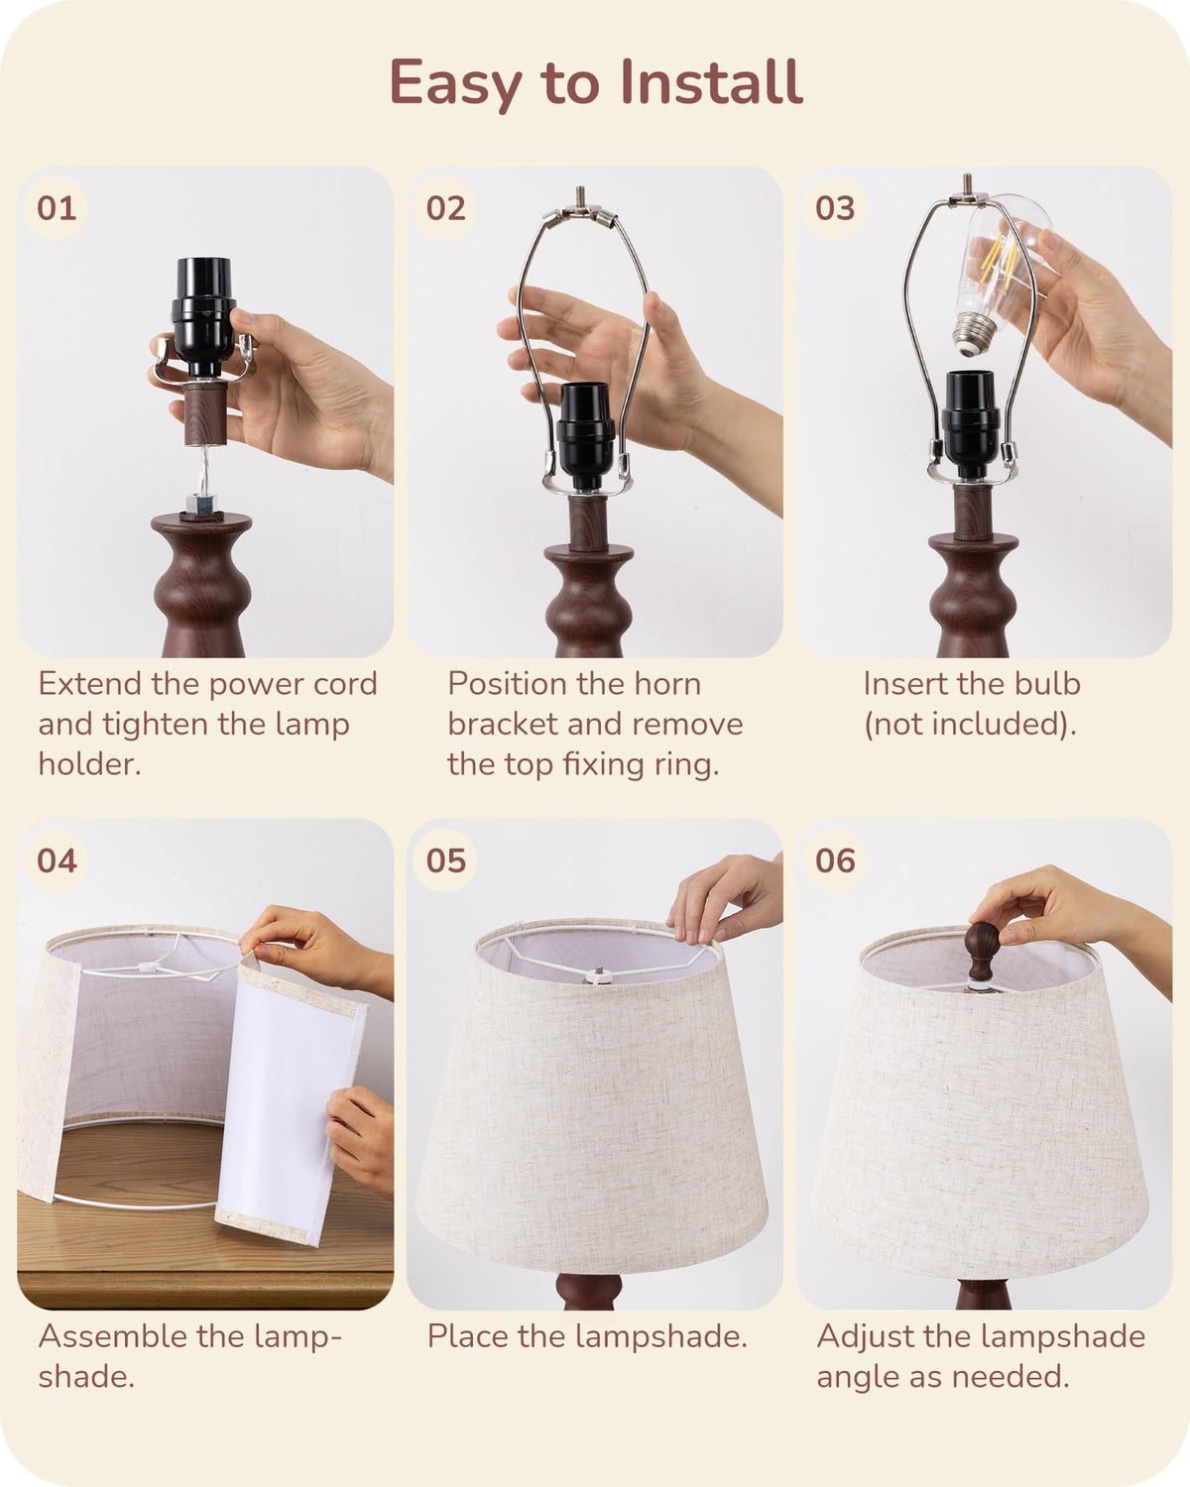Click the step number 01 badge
[x=56, y=208]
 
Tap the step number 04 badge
[x=56, y=860]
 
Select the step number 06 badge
[x=835, y=860]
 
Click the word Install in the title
[x=711, y=83]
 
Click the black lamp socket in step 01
[x=203, y=317]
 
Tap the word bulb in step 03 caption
[x=1046, y=684]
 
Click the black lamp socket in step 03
[x=971, y=424]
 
